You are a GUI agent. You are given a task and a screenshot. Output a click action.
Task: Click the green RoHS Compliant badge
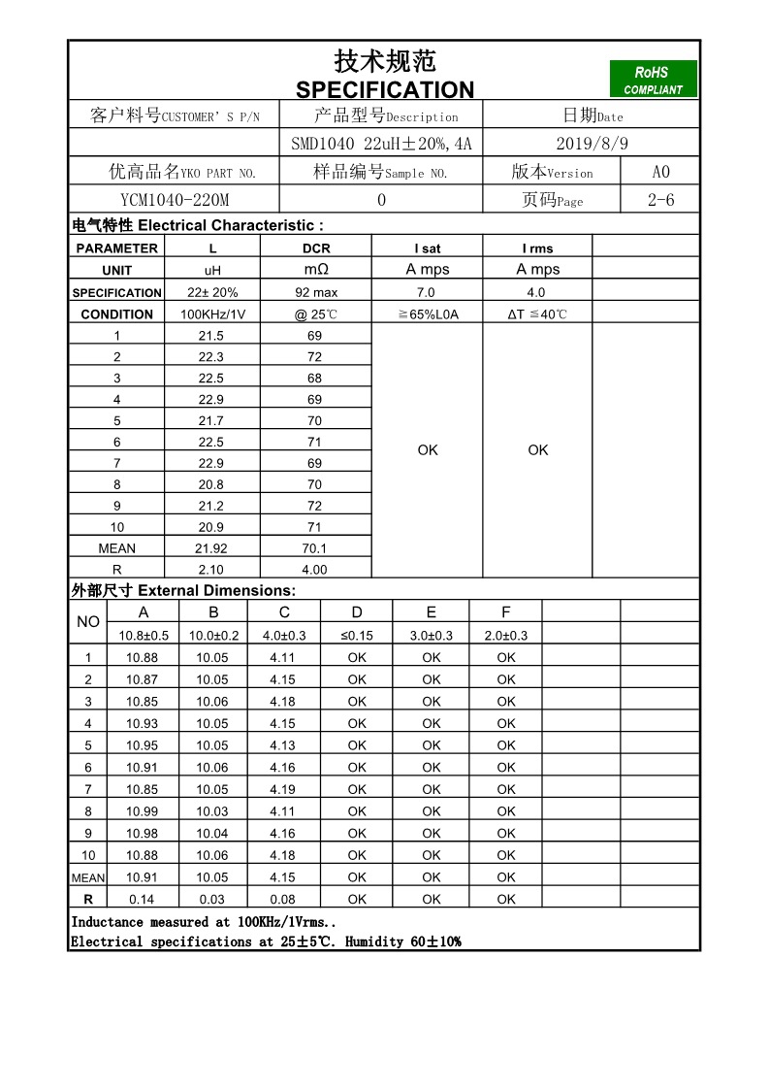653,80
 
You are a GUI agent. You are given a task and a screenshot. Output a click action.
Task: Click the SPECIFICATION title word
385,90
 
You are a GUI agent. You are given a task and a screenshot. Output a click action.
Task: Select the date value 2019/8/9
593,144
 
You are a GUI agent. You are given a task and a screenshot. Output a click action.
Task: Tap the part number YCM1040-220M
175,200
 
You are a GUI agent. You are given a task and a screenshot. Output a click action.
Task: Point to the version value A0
660,172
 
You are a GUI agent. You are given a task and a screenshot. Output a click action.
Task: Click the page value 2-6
660,200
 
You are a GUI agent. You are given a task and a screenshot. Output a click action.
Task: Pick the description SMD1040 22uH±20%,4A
381,144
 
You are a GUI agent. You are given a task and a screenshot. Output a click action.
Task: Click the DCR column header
316,248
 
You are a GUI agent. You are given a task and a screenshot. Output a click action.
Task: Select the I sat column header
427,248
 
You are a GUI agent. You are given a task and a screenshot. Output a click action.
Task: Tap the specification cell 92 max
316,292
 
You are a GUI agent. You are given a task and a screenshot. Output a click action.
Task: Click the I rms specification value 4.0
536,292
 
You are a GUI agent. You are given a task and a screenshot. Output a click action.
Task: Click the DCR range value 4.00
315,570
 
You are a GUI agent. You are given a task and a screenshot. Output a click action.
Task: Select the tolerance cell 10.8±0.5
144,636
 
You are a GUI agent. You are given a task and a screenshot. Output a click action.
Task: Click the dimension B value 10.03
212,811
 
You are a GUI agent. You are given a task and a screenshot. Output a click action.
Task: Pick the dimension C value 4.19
283,789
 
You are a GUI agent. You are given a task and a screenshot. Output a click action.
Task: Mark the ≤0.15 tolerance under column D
357,636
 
